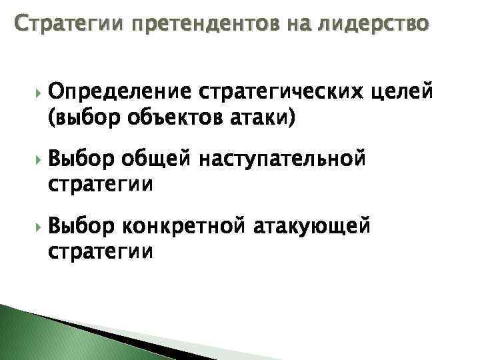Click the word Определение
coord(117,91)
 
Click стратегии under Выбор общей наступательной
coord(101,184)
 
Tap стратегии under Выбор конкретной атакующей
coord(101,252)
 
